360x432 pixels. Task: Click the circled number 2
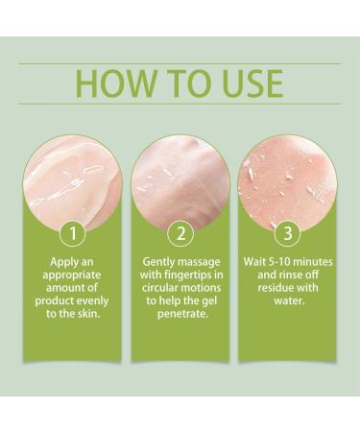click(179, 231)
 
